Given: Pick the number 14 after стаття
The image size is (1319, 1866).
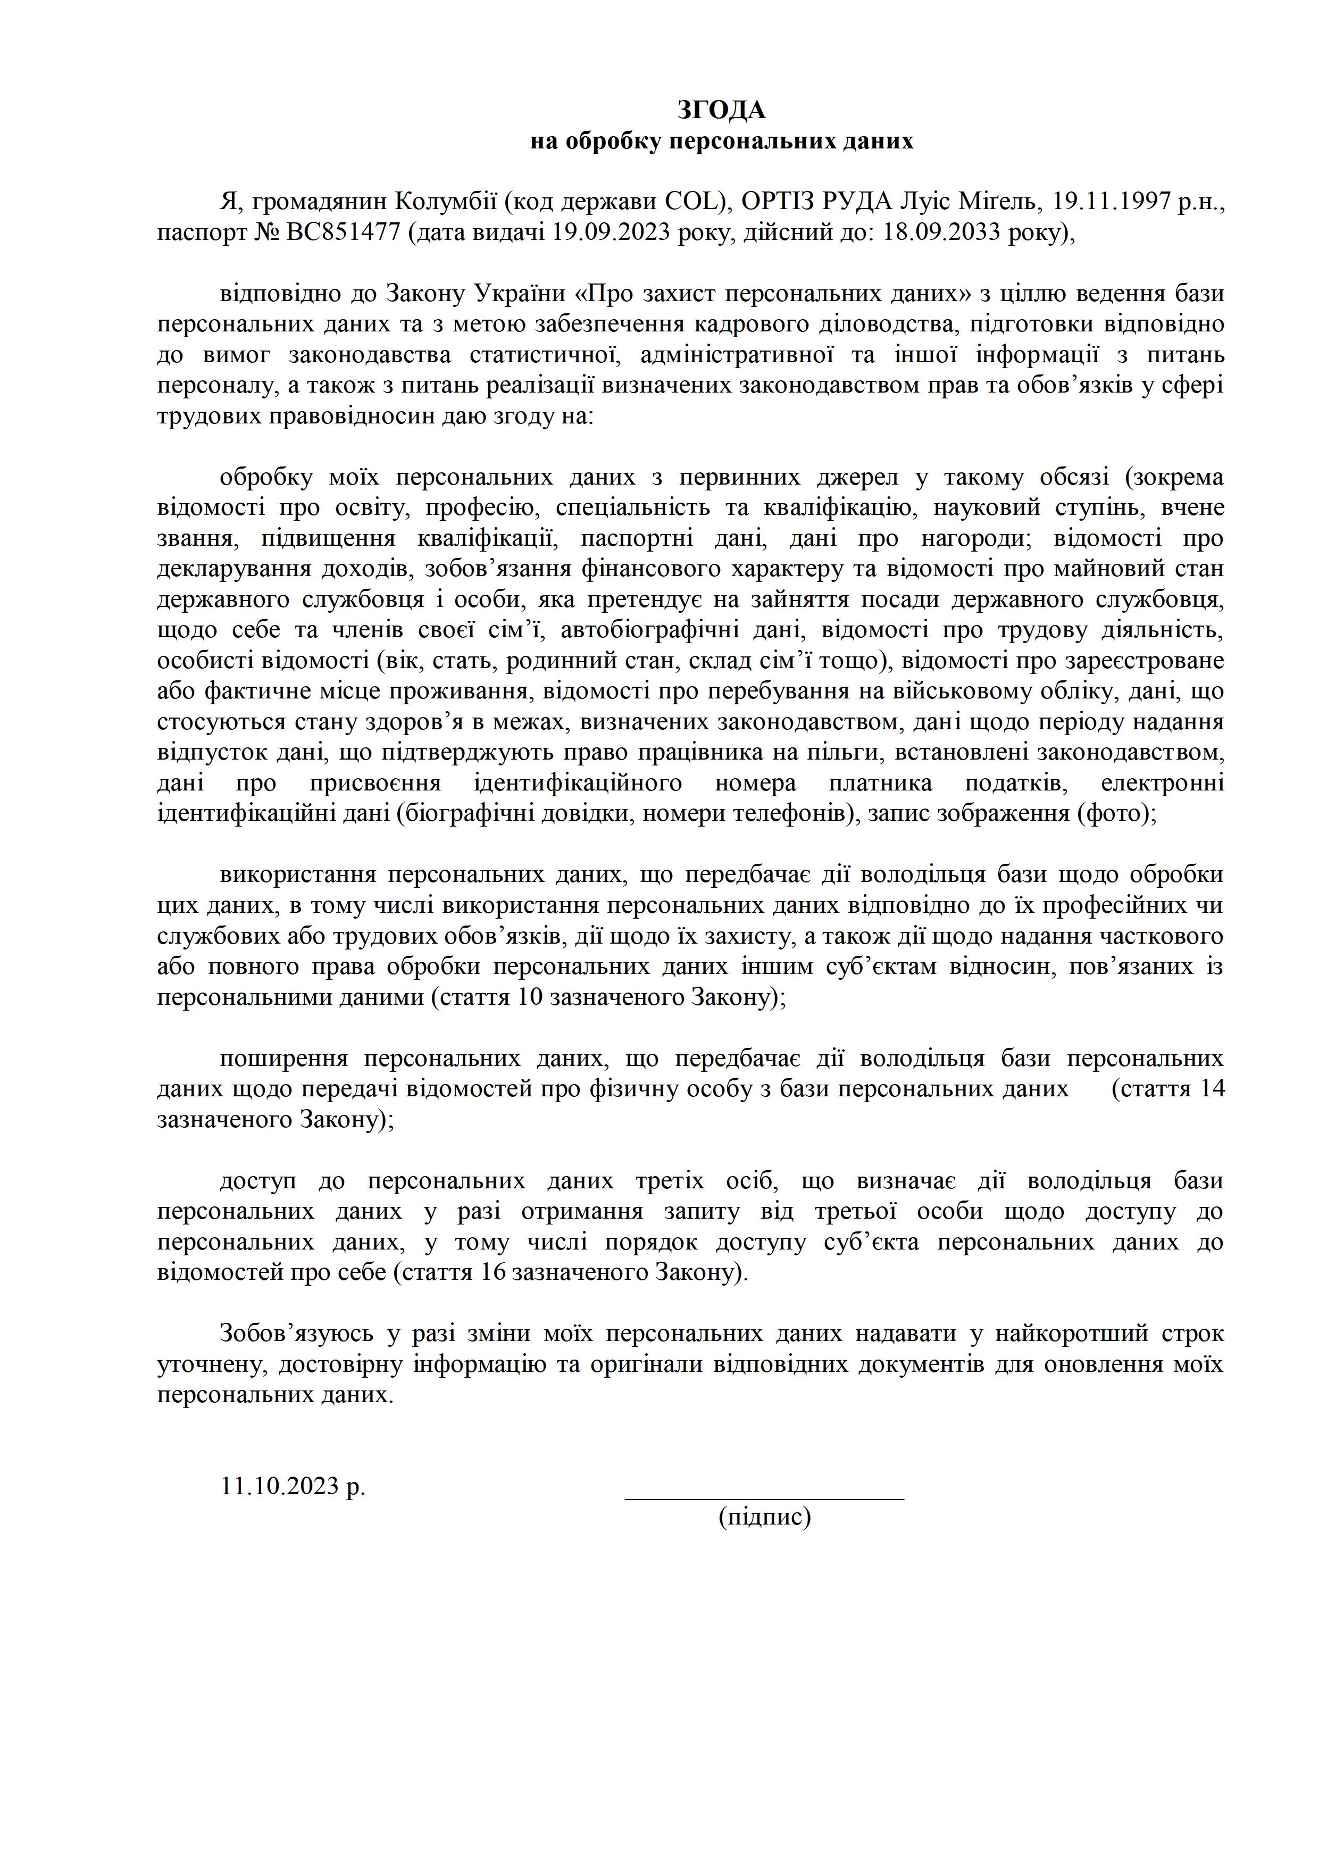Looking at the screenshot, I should (1211, 1089).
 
